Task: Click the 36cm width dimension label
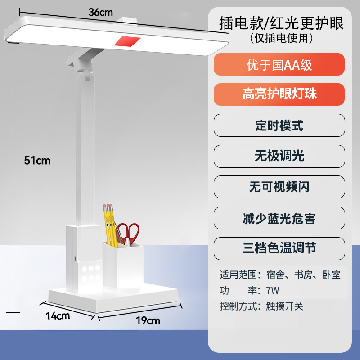[x=100, y=13]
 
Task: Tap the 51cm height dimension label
[x=37, y=161]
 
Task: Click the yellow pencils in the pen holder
[x=109, y=225]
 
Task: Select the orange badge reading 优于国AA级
[x=279, y=65]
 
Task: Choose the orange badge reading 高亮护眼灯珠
[x=279, y=94]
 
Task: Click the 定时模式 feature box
[x=279, y=125]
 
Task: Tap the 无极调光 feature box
[x=279, y=156]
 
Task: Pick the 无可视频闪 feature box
[x=279, y=186]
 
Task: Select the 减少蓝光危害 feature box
[x=279, y=218]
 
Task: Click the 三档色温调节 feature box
[x=279, y=248]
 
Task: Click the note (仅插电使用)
[x=281, y=39]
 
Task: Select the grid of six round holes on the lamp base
[x=90, y=273]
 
